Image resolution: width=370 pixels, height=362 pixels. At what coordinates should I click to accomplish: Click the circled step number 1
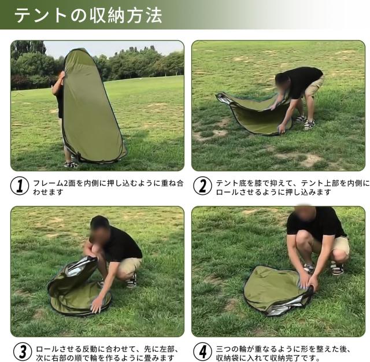click(x=20, y=186)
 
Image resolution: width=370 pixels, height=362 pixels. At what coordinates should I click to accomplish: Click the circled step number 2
click(x=202, y=186)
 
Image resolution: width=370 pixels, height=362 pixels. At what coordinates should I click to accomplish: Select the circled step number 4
click(x=202, y=350)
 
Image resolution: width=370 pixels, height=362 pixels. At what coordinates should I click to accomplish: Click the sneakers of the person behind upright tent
click(x=71, y=164)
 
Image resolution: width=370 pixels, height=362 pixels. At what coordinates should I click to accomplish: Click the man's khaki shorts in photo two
click(x=314, y=88)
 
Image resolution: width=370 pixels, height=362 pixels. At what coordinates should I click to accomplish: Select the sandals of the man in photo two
click(x=306, y=123)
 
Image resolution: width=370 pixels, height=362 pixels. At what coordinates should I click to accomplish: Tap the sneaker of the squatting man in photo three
click(x=132, y=281)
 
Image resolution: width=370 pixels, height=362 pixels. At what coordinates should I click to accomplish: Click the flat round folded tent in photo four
click(x=275, y=290)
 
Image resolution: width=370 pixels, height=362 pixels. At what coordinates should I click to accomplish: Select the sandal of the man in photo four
click(x=335, y=268)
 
